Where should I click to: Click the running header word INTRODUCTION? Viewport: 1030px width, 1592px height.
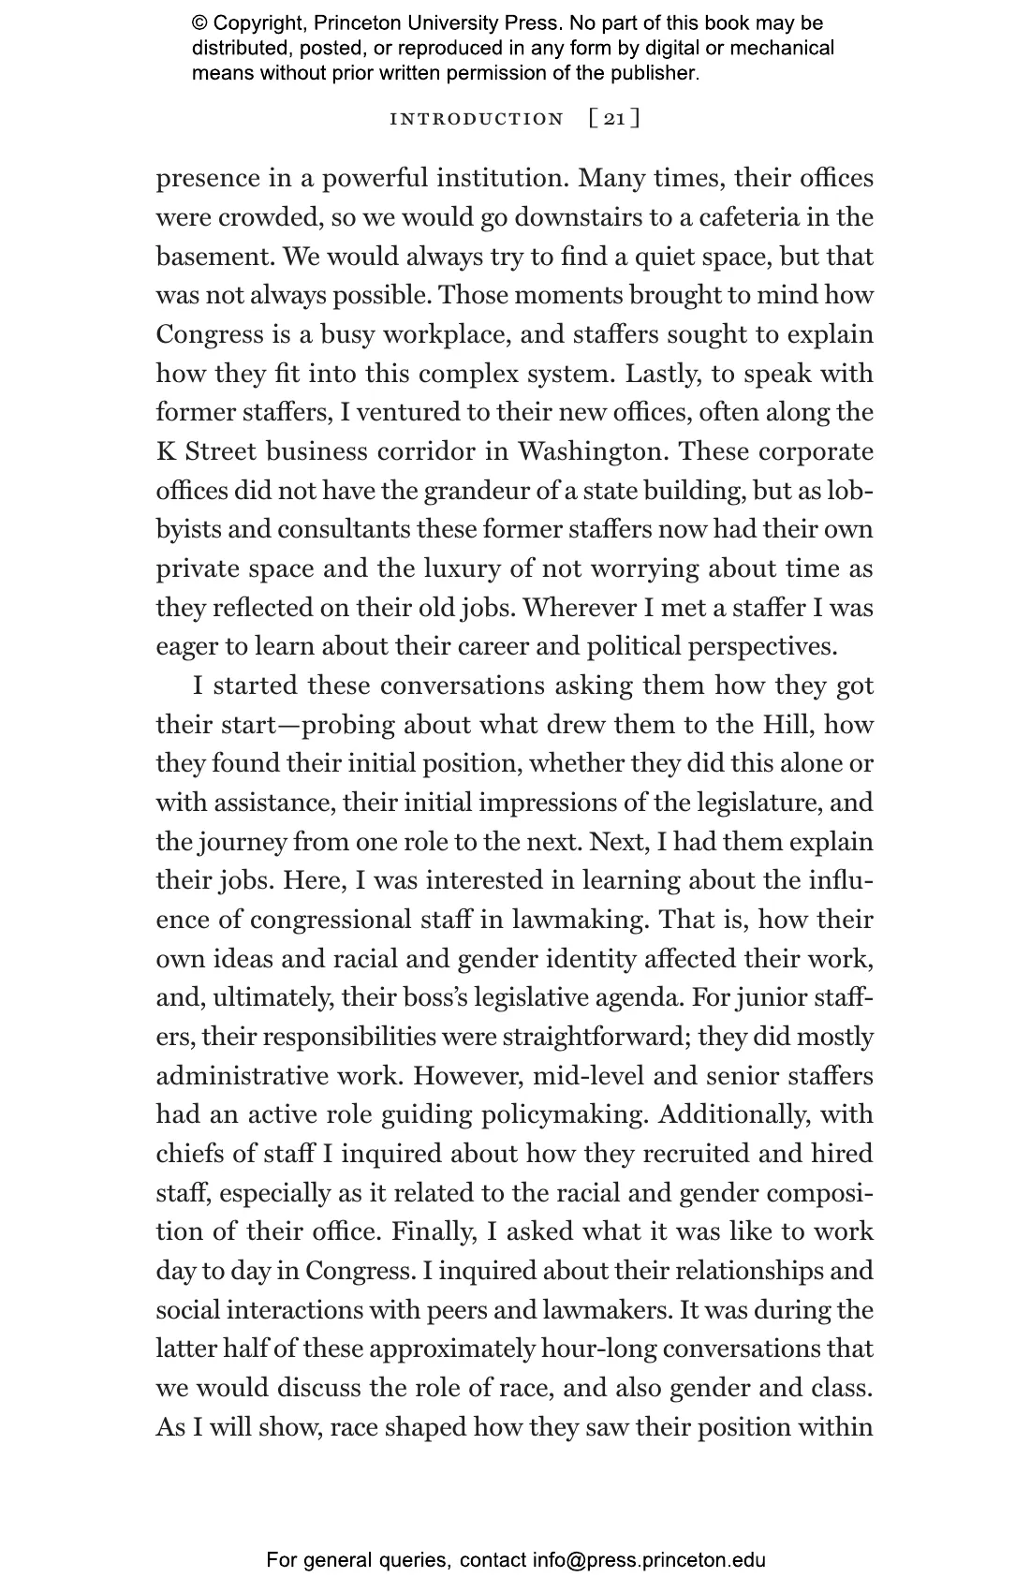(x=477, y=119)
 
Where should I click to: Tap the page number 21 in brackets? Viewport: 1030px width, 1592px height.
(x=614, y=119)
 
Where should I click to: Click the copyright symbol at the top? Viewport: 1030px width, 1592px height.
(x=199, y=23)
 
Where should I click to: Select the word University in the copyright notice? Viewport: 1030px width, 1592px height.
(x=449, y=23)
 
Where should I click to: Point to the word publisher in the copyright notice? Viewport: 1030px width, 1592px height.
(x=650, y=72)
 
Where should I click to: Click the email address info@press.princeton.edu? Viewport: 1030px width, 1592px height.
(x=649, y=1560)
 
